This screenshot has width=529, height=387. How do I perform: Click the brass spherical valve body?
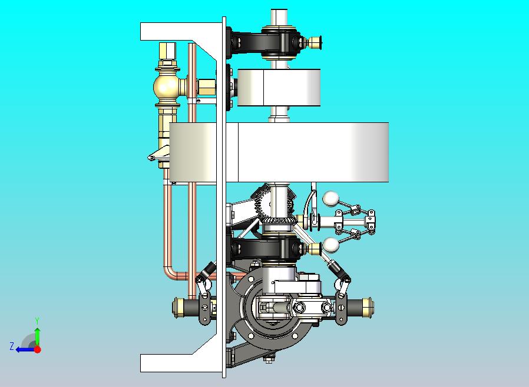coord(166,87)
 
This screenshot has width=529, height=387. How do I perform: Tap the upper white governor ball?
coord(330,199)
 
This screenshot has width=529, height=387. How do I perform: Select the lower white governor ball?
coord(331,245)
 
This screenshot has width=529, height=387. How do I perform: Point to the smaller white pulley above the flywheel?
coord(279,88)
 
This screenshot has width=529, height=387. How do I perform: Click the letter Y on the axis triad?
coord(37,321)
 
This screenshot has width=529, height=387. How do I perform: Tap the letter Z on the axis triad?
coord(12,346)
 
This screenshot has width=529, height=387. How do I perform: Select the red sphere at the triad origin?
coord(38,349)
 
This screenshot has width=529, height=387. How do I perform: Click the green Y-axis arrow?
coord(38,337)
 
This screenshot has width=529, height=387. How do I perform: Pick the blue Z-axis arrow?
coord(25,350)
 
